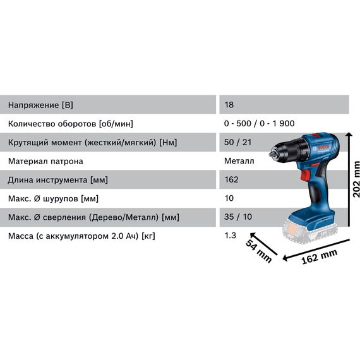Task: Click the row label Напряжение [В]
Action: (x=40, y=105)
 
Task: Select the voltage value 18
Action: (x=229, y=105)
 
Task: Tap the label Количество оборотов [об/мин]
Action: (x=71, y=124)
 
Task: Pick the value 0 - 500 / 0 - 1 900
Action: (x=259, y=124)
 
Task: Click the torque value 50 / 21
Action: (x=237, y=142)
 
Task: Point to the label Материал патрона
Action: (x=45, y=161)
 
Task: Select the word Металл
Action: (x=239, y=161)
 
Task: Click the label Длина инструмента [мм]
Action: (x=57, y=180)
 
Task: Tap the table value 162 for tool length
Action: (x=231, y=179)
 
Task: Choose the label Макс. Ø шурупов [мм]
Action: (x=53, y=198)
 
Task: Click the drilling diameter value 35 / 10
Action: (x=238, y=217)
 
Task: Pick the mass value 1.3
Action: (x=230, y=236)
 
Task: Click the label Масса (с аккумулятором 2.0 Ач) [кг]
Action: (x=81, y=236)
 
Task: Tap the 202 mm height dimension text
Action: (x=356, y=179)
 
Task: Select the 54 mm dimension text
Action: (x=259, y=251)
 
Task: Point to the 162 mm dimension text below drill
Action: (x=320, y=257)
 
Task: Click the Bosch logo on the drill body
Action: (x=323, y=147)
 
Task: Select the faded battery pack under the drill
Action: (x=309, y=232)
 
